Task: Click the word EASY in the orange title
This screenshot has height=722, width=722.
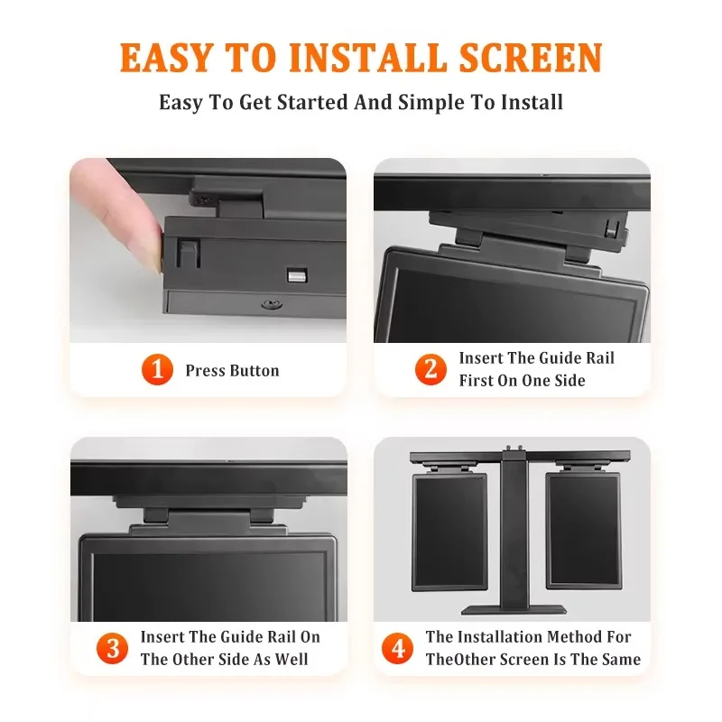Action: click(165, 57)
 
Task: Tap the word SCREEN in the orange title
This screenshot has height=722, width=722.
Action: click(531, 57)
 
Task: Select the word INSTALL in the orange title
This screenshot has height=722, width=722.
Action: click(367, 57)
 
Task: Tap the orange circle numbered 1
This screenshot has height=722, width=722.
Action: click(157, 369)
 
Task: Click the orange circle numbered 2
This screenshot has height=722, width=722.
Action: click(430, 369)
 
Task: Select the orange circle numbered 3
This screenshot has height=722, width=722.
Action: click(112, 648)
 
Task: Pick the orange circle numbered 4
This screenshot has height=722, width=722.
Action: click(397, 648)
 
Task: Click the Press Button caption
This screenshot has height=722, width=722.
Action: click(232, 371)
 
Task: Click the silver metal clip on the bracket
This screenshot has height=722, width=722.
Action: click(297, 275)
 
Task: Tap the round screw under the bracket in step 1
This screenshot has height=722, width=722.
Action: click(272, 304)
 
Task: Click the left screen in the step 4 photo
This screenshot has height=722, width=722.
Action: click(449, 532)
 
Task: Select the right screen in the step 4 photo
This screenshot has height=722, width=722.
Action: click(583, 531)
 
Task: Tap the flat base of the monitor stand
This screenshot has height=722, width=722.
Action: click(514, 610)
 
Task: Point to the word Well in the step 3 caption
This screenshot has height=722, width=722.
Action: click(292, 659)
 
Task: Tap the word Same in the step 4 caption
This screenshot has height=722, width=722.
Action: click(621, 659)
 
